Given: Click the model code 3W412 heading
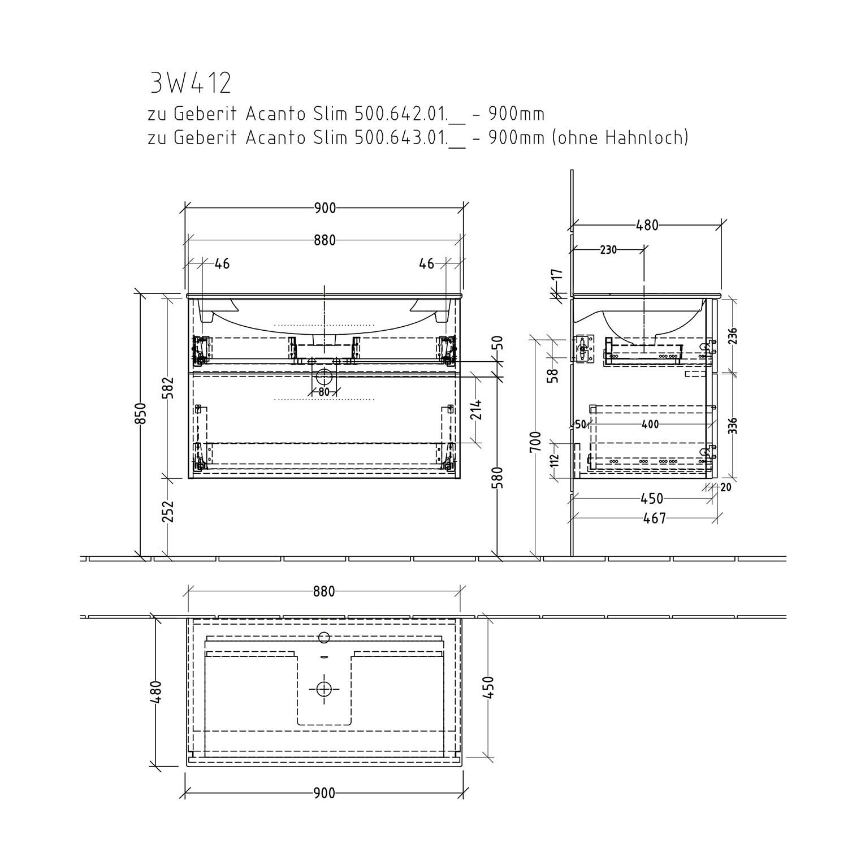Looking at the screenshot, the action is click(x=191, y=84).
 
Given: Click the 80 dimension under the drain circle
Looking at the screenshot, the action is click(x=323, y=391).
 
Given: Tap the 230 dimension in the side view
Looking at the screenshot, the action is click(x=608, y=249).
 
